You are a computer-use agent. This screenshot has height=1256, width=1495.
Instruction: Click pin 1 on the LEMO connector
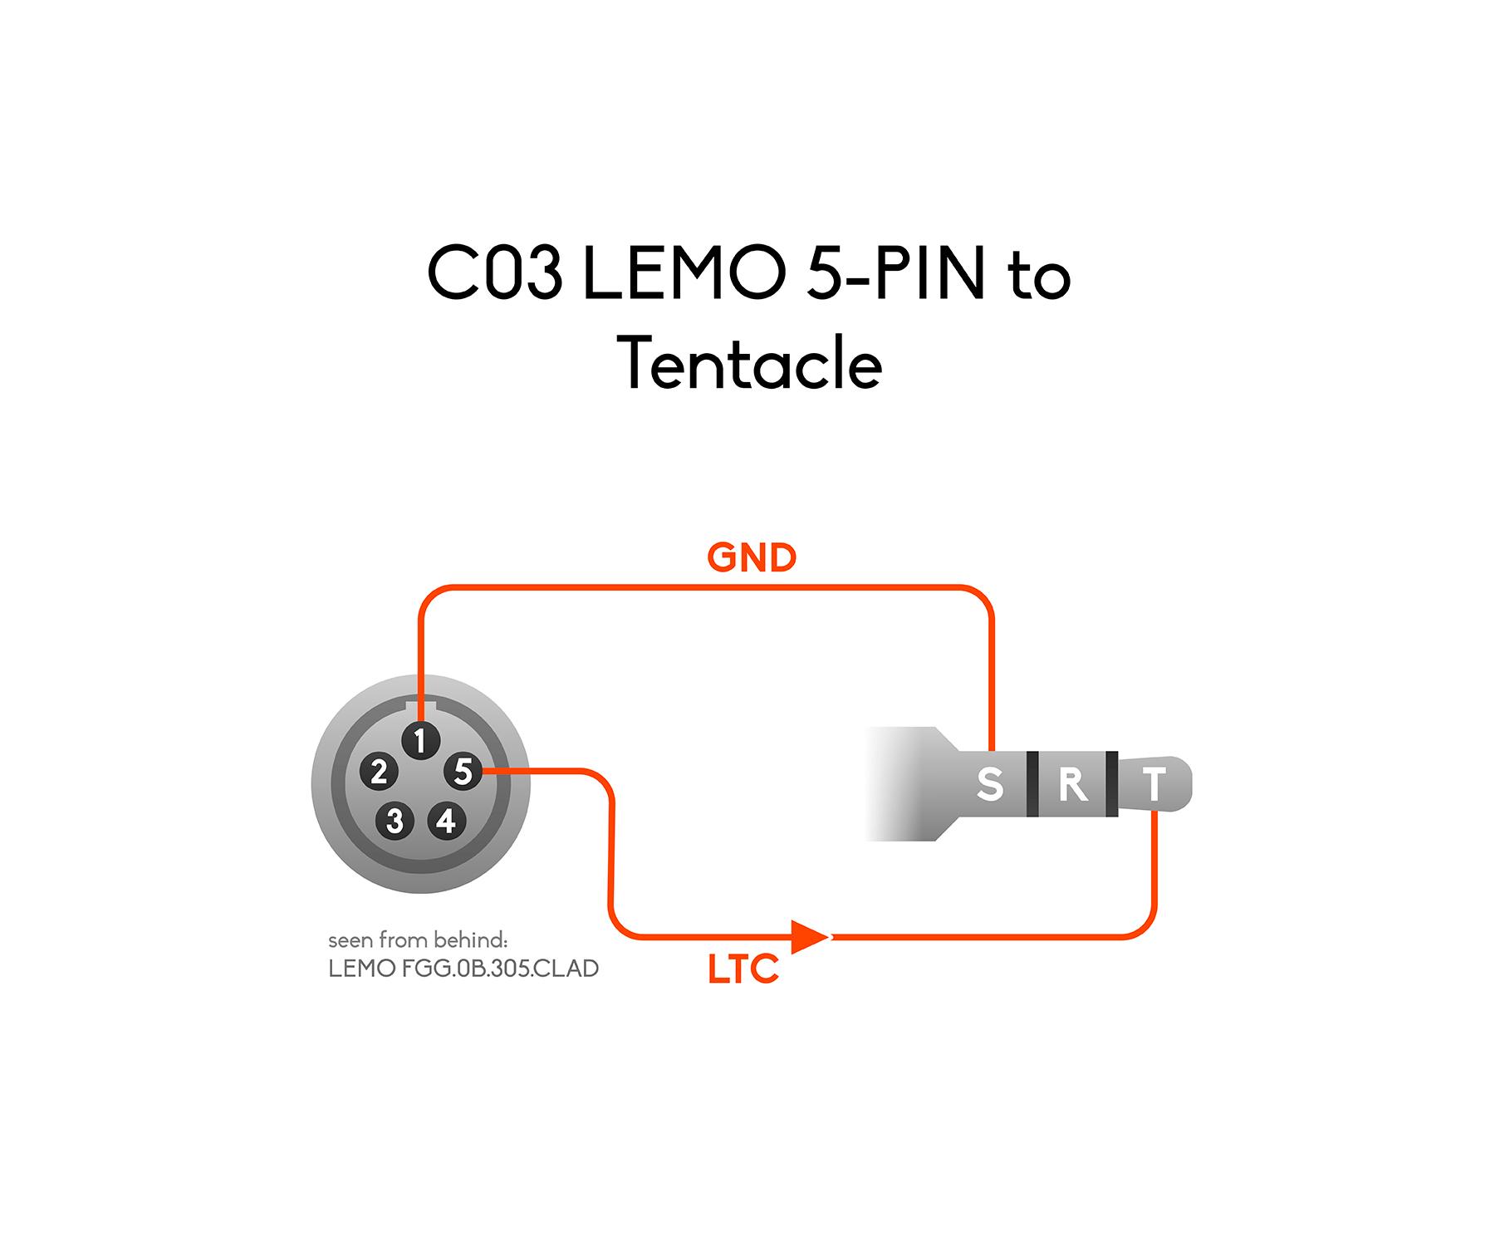420,739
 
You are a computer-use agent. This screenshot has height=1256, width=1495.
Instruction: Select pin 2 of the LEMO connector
379,772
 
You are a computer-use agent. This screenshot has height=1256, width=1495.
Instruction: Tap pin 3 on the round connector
395,821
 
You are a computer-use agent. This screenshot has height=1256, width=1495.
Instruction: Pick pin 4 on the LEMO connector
446,821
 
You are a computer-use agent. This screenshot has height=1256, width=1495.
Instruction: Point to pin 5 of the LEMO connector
463,772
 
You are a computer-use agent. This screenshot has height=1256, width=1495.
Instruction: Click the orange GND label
752,557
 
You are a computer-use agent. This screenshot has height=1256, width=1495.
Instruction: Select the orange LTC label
743,969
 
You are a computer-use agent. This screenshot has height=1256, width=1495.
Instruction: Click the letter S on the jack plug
989,783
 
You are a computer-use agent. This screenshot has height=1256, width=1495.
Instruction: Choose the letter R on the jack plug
1072,783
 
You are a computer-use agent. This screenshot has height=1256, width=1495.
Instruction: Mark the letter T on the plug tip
1154,783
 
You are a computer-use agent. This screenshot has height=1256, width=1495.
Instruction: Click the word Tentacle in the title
752,363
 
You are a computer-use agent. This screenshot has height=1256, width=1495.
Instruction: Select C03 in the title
494,272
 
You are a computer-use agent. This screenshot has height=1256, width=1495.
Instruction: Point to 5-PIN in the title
895,272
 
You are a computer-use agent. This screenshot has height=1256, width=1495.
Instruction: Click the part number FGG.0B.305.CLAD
500,969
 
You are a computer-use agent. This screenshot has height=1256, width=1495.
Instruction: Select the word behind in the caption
468,940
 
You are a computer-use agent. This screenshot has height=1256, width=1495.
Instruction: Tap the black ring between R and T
1112,783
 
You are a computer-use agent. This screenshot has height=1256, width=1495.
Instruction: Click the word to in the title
1039,275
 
